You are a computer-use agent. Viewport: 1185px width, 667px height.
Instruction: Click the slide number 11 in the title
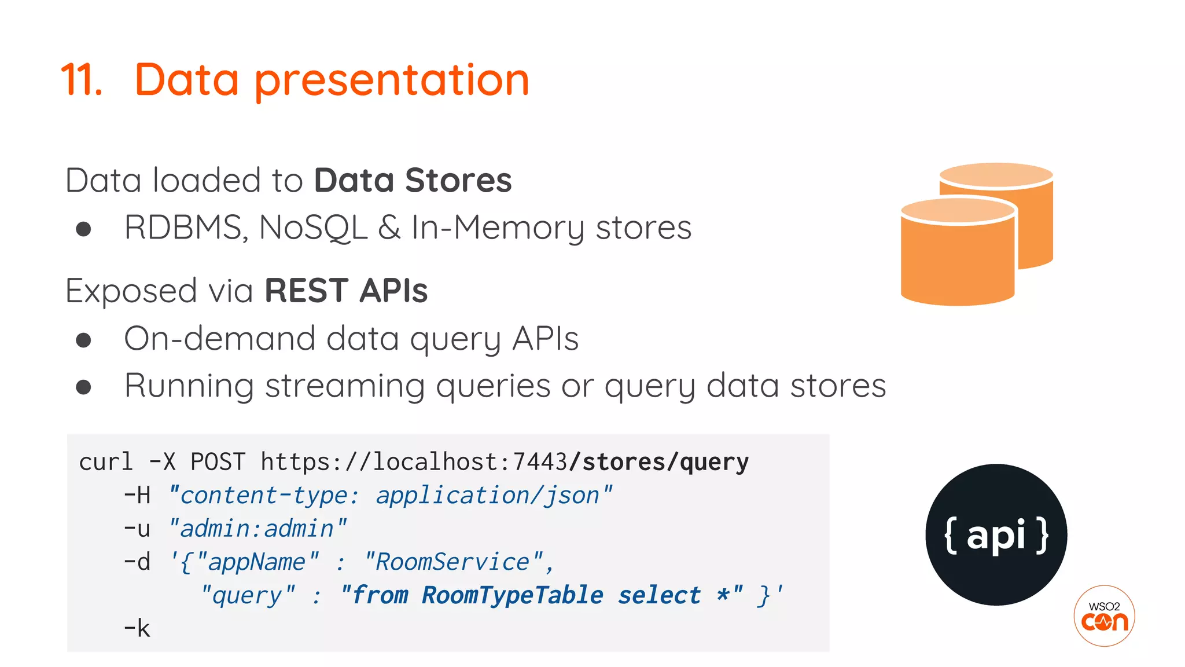point(82,79)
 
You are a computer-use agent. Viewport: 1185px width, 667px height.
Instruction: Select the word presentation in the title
point(392,81)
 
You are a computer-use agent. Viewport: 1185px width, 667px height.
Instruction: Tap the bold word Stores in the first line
point(458,180)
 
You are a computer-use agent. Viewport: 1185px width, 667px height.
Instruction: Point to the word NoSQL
point(313,228)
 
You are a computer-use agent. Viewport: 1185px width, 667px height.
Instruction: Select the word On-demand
point(220,338)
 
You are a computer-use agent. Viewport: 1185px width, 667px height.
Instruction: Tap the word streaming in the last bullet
point(345,386)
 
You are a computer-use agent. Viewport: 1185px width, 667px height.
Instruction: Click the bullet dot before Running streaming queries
point(84,387)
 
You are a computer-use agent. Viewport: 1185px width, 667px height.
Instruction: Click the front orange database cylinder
point(958,255)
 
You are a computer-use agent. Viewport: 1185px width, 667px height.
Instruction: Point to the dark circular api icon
point(996,534)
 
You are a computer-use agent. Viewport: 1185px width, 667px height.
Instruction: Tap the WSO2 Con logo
point(1104,616)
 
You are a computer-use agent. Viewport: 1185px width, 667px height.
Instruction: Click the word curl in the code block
point(106,462)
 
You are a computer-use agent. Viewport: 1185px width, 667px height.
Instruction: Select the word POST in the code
point(218,462)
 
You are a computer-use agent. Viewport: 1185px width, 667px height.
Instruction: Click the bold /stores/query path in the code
point(658,462)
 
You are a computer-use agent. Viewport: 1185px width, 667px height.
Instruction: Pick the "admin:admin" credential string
point(257,529)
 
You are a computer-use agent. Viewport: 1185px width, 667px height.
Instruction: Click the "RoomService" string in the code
point(453,562)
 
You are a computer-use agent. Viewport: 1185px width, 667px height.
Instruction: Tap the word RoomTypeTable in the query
point(513,595)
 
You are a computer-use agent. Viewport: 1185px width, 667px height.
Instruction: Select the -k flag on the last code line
point(137,628)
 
